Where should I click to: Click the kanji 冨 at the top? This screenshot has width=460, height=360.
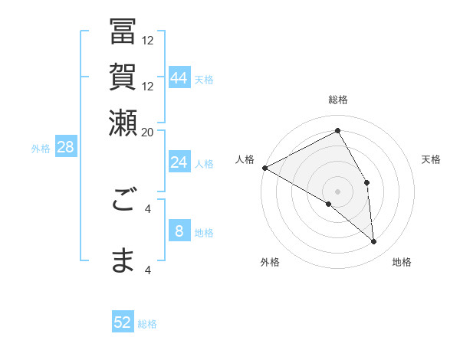123,33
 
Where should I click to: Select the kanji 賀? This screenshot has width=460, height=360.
123,77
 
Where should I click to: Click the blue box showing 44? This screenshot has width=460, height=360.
179,78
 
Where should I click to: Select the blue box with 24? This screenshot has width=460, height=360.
179,162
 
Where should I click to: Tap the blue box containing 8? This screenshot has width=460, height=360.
179,231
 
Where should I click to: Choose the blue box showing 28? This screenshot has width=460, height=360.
65,147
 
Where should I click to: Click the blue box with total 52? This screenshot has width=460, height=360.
123,322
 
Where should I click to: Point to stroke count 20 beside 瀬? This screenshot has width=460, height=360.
147,131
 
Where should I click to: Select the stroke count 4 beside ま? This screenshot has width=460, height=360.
147,269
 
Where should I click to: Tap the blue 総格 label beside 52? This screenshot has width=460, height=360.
147,324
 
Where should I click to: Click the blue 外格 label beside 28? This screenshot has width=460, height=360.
41,149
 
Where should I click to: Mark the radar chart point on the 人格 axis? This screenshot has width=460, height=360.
264,168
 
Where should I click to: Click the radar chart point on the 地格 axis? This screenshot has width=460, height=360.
374,241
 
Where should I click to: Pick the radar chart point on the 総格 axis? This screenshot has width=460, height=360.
337,131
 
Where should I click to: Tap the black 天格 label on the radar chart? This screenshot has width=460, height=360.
431,159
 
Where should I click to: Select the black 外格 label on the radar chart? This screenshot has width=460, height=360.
270,262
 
